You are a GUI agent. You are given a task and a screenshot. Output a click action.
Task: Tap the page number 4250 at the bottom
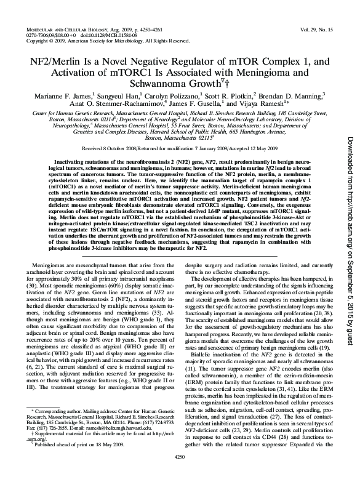(x=180, y=473)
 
